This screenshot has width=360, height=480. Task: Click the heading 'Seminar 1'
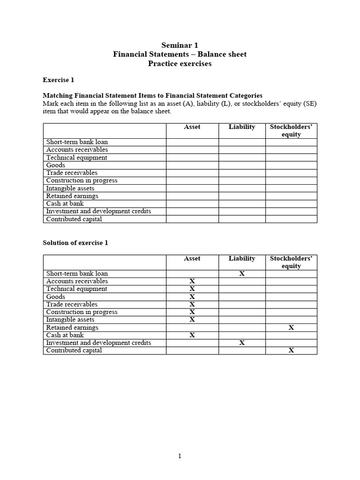(x=180, y=45)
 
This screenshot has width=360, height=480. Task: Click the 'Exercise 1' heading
(x=58, y=80)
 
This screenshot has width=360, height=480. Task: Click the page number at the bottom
(x=180, y=456)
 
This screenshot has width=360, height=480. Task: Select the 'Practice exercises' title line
(x=180, y=64)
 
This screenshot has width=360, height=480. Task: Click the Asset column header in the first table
(x=192, y=127)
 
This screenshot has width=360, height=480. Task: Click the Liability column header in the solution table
(x=242, y=259)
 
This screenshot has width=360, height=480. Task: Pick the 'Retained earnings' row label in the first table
(x=72, y=196)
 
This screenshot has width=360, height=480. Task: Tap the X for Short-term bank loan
(x=242, y=274)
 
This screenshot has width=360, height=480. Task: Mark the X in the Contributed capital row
(x=291, y=351)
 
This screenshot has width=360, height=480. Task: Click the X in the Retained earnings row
(x=291, y=328)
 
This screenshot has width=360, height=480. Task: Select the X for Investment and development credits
(x=242, y=343)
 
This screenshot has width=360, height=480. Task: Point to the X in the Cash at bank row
(x=192, y=335)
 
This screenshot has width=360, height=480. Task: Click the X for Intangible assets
(x=192, y=320)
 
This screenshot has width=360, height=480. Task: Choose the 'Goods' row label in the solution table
(x=56, y=297)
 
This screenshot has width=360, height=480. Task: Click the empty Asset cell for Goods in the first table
(x=192, y=165)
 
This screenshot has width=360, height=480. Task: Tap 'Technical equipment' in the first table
(x=76, y=157)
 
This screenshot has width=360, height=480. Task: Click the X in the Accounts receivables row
(x=192, y=281)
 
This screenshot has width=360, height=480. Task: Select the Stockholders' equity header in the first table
(x=291, y=131)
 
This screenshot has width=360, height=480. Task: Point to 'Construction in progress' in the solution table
(x=82, y=312)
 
